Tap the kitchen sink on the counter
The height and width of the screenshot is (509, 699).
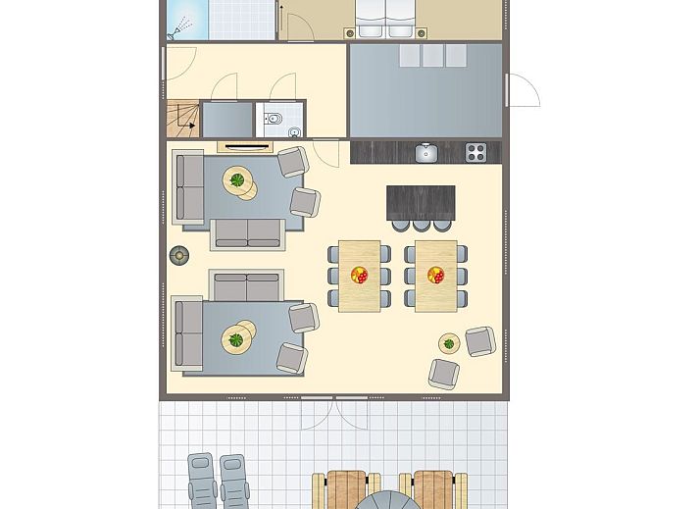click(x=426, y=152)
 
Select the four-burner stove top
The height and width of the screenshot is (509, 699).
click(x=476, y=152)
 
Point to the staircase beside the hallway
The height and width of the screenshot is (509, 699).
click(x=182, y=118)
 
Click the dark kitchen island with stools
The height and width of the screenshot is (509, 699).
click(x=421, y=202)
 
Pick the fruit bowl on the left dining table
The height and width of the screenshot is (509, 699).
click(x=359, y=276)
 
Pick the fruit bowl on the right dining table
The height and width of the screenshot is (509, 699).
click(x=435, y=276)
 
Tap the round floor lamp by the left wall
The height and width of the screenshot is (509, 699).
click(x=179, y=255)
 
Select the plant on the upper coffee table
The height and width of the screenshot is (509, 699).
click(x=238, y=180)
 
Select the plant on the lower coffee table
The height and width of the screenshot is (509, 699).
click(x=236, y=340)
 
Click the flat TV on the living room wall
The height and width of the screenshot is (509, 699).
click(x=245, y=146)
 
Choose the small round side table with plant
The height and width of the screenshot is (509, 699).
click(x=450, y=343)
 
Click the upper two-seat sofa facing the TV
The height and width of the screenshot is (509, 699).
click(x=248, y=232)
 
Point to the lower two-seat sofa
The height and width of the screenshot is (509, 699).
click(x=246, y=287)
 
